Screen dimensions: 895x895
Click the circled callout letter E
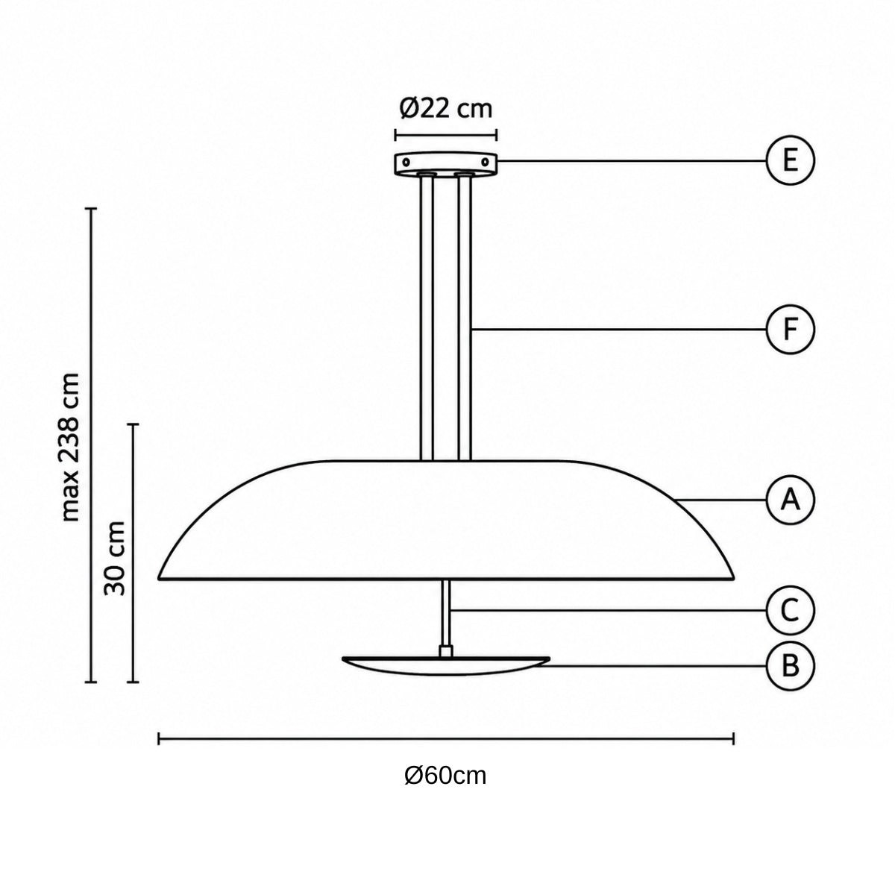(x=790, y=160)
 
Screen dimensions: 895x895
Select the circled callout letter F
(x=790, y=330)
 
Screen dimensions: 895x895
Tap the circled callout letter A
(x=790, y=500)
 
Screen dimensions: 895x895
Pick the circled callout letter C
(x=790, y=610)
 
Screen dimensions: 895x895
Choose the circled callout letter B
(x=790, y=666)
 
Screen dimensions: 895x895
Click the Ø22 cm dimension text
(x=445, y=109)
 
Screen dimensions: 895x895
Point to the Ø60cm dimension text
(x=445, y=776)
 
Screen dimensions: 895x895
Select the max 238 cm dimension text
(x=71, y=446)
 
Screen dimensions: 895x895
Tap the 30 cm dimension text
(x=114, y=559)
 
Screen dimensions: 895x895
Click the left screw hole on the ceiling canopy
(x=406, y=162)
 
